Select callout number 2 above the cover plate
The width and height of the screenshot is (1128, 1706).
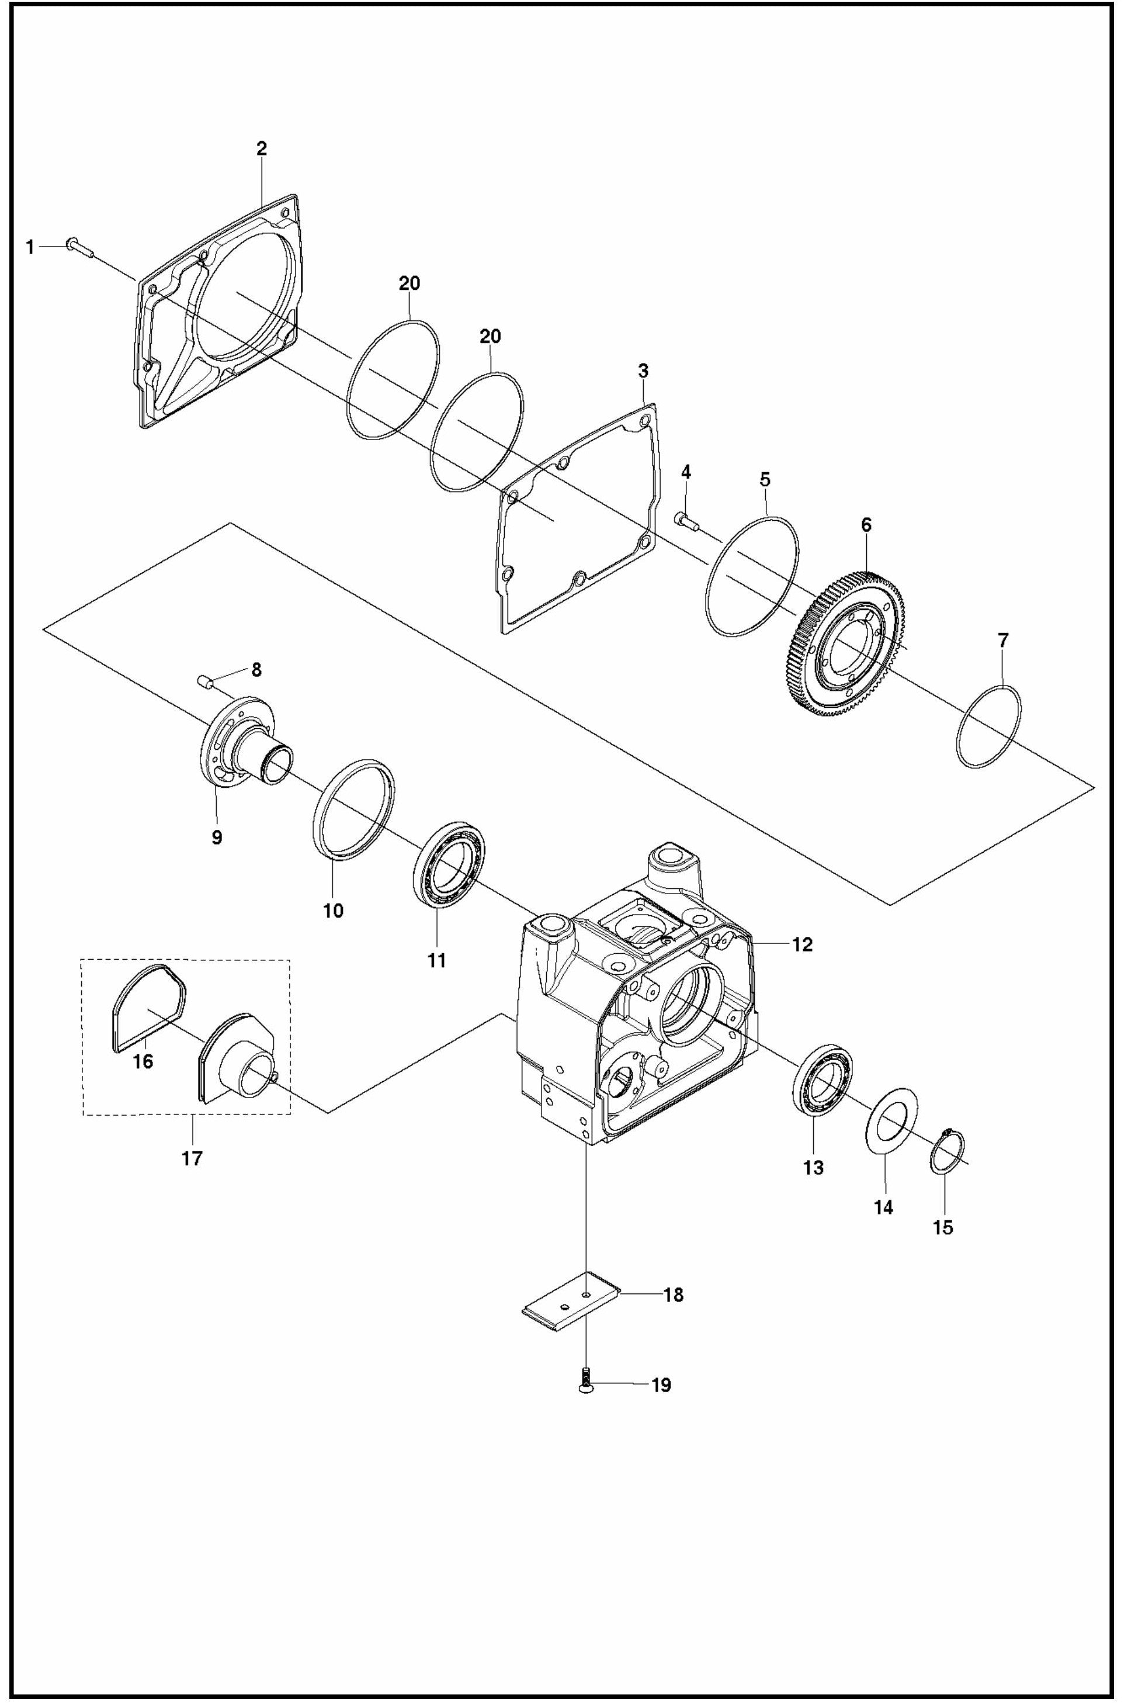(262, 149)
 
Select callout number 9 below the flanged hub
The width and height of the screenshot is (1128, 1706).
(217, 838)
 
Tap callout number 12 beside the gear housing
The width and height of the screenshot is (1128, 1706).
(802, 944)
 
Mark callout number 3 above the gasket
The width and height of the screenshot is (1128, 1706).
(643, 371)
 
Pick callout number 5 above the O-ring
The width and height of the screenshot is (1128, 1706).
(765, 479)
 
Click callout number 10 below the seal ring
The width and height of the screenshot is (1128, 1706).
(333, 910)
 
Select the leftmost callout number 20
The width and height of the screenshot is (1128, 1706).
(409, 283)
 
